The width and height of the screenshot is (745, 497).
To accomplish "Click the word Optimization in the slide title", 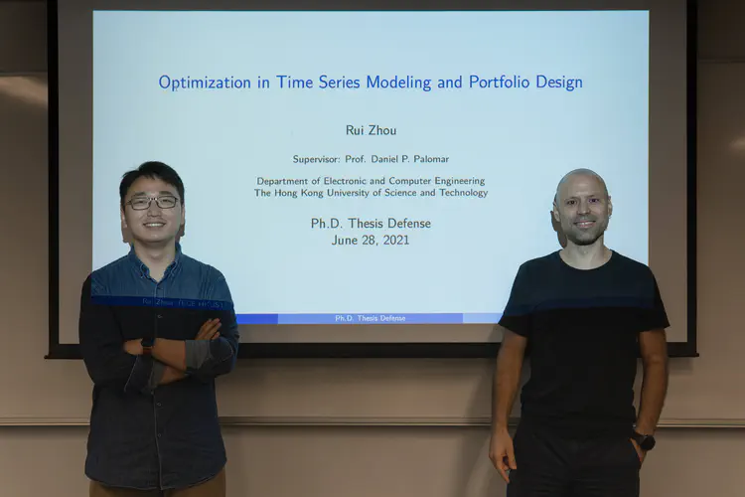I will coord(204,83).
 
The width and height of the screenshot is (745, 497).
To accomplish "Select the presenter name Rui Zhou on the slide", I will coord(371,130).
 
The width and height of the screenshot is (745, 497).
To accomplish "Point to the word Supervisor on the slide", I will coord(316,159).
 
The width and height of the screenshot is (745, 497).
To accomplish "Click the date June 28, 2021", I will coord(371,240).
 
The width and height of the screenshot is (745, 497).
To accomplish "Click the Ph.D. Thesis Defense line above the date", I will coord(371,224).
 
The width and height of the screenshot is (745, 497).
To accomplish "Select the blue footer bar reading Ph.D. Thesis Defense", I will coord(371,318).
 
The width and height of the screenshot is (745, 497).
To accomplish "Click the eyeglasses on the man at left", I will coord(153,202).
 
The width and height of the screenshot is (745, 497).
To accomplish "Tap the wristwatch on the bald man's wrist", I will coord(644,439).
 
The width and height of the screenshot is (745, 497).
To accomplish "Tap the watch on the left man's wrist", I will coord(148,343).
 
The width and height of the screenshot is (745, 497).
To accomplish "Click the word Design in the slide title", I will coord(559,83).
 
